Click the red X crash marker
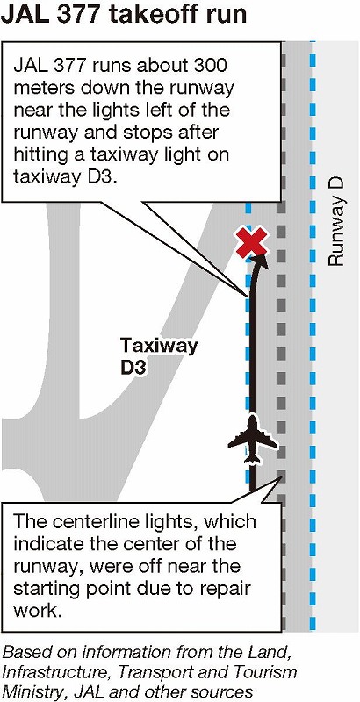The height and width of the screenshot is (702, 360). tap(252, 242)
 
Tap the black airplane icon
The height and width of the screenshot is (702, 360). tap(253, 439)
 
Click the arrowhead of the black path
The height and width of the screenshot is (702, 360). tap(260, 261)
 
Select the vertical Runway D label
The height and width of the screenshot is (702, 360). tap(335, 222)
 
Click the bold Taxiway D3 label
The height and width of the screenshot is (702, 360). tap(159, 356)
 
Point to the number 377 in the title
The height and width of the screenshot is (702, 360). tap(82, 15)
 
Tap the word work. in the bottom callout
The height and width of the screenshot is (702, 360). tap(37, 610)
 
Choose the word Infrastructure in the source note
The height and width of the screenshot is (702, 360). tap(50, 671)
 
